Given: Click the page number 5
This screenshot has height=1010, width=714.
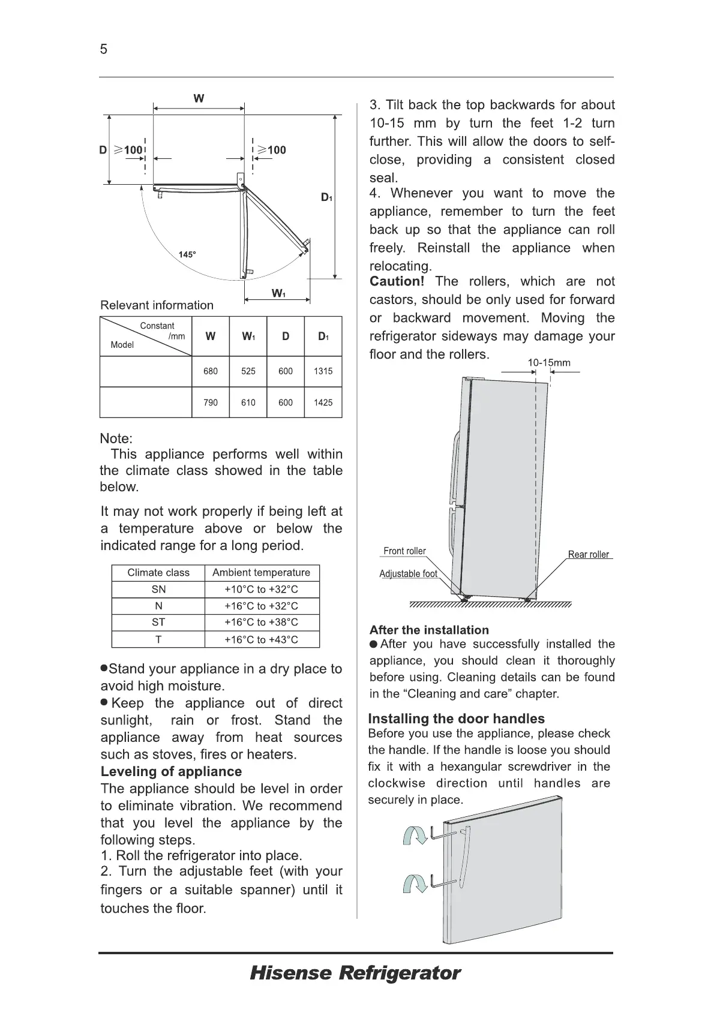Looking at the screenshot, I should click(104, 49).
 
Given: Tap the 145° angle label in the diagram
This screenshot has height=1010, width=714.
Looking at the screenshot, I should click(187, 254).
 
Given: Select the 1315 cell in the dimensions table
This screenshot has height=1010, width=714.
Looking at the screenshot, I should click(323, 371).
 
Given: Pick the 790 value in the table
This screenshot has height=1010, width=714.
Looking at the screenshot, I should click(211, 402).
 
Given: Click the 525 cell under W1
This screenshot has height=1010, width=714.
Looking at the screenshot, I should click(248, 371).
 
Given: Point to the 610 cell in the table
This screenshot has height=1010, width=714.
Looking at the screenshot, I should click(248, 402).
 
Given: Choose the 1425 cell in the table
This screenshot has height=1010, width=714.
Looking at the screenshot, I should click(323, 402).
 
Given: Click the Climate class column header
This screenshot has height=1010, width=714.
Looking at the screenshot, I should click(158, 573).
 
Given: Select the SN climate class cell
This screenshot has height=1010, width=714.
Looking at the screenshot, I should click(158, 590).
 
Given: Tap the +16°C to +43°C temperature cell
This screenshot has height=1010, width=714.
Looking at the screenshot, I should click(261, 639).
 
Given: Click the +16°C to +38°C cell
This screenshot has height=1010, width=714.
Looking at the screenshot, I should click(261, 623).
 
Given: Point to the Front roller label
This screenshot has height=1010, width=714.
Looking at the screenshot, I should click(404, 551).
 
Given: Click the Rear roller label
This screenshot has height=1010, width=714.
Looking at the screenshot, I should click(589, 555).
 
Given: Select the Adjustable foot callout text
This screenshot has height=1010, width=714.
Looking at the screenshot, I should click(408, 574).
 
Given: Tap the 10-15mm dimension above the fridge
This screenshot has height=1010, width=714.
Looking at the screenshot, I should click(549, 363).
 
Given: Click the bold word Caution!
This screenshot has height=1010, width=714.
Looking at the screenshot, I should click(397, 282).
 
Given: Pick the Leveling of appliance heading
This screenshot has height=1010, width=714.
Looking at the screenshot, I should click(171, 772).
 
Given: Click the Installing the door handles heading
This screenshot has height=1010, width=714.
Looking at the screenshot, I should click(456, 719).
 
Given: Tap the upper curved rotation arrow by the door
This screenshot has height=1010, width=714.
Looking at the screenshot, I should click(413, 834).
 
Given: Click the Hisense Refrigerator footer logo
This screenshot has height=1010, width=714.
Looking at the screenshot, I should click(355, 973).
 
